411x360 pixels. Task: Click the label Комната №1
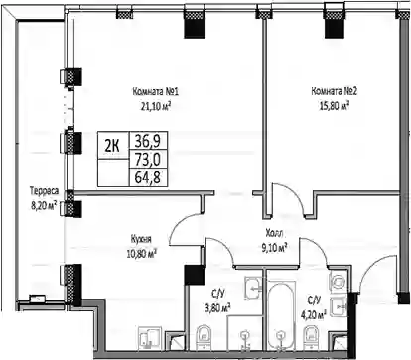(156, 91)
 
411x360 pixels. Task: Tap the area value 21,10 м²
(156, 106)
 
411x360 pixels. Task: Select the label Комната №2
(335, 91)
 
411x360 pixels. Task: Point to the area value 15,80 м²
(335, 106)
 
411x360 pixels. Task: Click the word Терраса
(44, 191)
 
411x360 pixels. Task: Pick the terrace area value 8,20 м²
(44, 206)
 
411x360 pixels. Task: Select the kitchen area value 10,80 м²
(141, 254)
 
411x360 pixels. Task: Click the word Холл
(274, 233)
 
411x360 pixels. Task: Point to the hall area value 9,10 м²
(274, 248)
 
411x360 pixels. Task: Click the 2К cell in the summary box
(112, 146)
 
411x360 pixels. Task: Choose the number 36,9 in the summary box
(148, 141)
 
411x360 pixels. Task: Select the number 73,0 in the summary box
(148, 160)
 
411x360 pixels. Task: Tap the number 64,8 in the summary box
(148, 178)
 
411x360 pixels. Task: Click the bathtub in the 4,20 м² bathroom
(281, 316)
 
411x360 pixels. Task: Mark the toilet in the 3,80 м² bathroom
(203, 337)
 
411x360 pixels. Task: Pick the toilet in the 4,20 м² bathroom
(310, 337)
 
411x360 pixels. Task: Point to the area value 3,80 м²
(217, 308)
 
